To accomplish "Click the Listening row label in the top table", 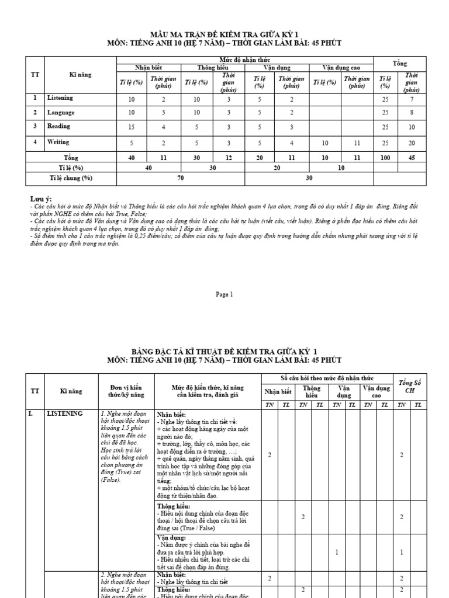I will [x=60, y=98].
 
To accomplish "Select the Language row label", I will [x=60, y=112].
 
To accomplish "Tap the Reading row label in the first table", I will [x=59, y=126].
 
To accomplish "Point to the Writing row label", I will [x=58, y=142].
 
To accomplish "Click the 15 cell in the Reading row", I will [x=131, y=127].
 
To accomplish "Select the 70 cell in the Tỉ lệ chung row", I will [x=181, y=178].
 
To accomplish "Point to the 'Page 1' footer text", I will [x=224, y=295].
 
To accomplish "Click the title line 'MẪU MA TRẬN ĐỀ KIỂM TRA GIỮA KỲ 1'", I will [x=224, y=34].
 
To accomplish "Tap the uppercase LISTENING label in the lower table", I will [x=64, y=413].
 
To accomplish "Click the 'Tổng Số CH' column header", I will [x=409, y=387].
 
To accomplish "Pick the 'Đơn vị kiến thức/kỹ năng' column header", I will [x=126, y=391].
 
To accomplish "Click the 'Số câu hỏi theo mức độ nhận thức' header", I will [x=327, y=378].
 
